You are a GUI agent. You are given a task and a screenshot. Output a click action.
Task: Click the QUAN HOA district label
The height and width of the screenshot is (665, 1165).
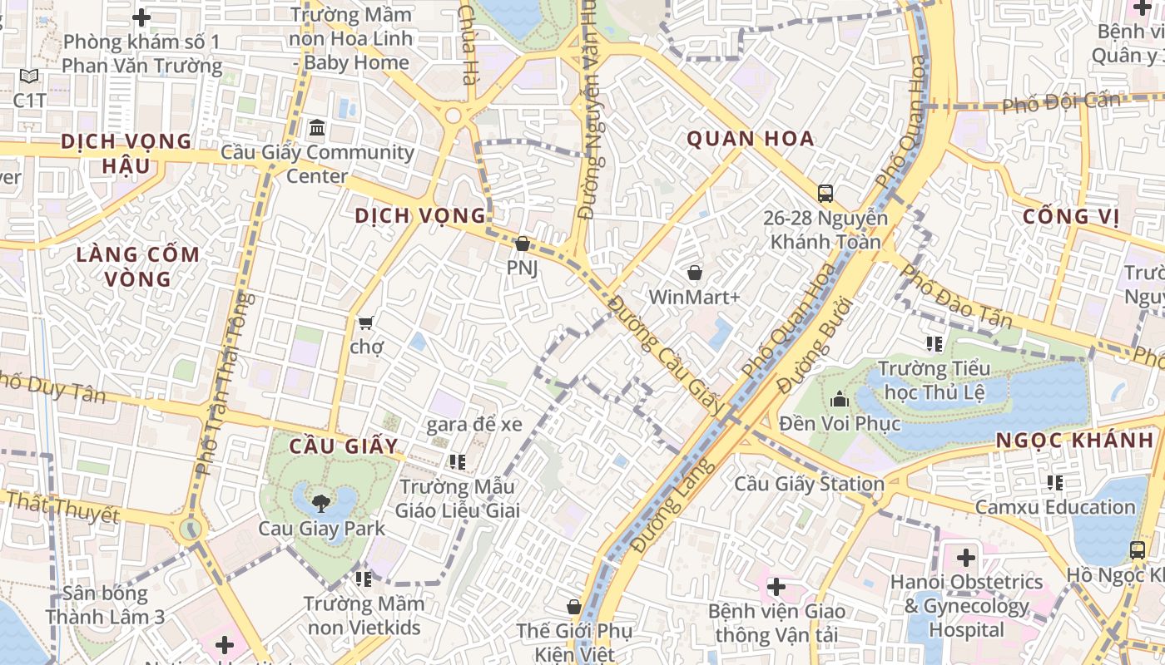click(750, 139)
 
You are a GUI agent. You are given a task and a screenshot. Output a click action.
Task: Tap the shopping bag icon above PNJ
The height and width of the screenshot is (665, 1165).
click(522, 244)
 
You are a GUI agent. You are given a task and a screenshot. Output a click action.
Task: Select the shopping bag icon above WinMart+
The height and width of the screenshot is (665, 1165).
click(694, 272)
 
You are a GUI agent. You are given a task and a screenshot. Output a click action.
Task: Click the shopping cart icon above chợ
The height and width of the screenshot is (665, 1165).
click(365, 322)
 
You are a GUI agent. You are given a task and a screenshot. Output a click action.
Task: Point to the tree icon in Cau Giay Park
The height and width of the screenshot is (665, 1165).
click(320, 501)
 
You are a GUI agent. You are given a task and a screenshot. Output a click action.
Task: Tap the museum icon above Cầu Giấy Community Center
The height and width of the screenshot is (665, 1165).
click(317, 128)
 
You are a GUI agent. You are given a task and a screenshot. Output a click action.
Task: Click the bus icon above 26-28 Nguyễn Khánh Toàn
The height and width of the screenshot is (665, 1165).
click(825, 194)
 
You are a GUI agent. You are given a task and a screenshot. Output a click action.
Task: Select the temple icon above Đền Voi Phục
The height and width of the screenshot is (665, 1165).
click(839, 399)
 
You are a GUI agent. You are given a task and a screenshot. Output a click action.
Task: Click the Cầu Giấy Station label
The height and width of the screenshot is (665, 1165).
click(809, 484)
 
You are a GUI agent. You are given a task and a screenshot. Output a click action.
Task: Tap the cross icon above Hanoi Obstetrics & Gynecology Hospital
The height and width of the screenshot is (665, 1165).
click(965, 558)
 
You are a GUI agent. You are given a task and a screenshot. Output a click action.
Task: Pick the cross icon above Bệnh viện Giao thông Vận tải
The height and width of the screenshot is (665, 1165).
click(776, 587)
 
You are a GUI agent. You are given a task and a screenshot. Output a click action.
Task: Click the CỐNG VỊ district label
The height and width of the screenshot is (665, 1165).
click(1071, 217)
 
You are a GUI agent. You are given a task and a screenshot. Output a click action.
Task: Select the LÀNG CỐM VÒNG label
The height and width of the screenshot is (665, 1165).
click(138, 266)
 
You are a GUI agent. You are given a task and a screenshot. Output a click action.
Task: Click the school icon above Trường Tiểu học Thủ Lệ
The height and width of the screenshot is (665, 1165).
click(934, 343)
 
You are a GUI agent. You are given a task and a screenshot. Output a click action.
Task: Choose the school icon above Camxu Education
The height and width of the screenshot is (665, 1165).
click(1055, 482)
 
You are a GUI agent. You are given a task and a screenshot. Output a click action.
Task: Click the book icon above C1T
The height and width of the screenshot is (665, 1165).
click(29, 76)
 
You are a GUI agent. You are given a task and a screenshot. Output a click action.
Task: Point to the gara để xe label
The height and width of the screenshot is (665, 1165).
click(474, 425)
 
